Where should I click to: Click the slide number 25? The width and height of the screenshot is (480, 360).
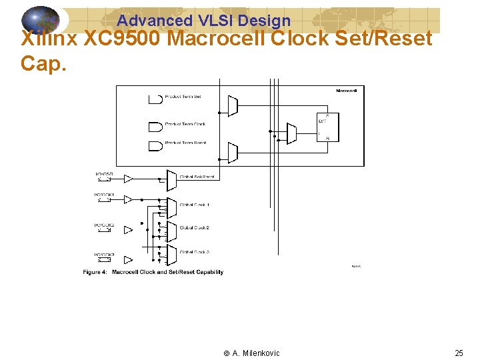(459, 353)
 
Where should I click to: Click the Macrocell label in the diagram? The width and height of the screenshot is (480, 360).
(346, 91)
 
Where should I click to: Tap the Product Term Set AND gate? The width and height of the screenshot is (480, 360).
(155, 99)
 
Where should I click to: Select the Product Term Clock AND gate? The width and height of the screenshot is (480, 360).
(155, 125)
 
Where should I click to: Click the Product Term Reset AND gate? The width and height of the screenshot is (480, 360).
(155, 144)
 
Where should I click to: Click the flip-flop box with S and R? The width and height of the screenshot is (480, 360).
(327, 127)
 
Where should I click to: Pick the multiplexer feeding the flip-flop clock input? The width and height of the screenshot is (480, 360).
(291, 133)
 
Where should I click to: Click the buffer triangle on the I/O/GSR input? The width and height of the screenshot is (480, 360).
(129, 178)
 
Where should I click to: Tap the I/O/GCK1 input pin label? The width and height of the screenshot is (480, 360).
(104, 195)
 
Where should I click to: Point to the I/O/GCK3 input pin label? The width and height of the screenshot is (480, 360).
(104, 255)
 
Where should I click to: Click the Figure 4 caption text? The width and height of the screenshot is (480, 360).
(153, 272)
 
